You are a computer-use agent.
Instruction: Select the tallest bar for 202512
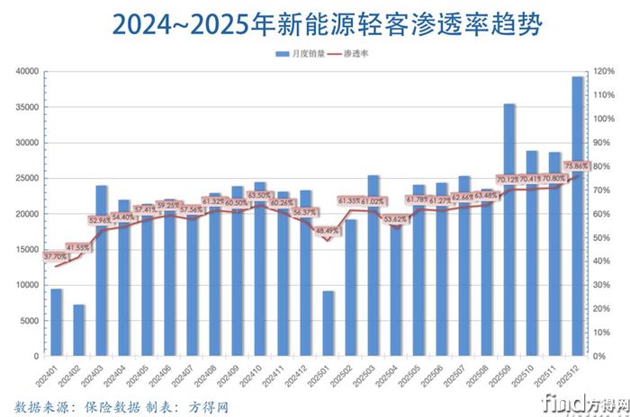coord(578,216)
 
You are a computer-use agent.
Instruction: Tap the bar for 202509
coord(509,229)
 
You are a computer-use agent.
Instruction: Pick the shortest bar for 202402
coord(79,330)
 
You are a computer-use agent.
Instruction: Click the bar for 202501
coord(328,324)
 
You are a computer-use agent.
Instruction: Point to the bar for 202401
coord(57,322)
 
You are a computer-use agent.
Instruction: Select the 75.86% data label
coord(575,166)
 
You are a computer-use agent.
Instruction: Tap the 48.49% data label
coord(327,230)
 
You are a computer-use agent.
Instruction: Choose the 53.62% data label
coord(395,218)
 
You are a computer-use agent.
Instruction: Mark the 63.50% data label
coord(258,195)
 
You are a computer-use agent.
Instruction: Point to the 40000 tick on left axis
coord(26,71)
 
